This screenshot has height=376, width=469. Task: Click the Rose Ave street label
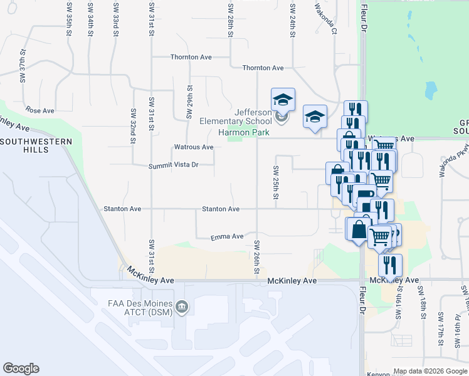[41, 110]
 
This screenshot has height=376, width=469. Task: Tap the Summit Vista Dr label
[173, 165]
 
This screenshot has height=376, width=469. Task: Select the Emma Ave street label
[227, 236]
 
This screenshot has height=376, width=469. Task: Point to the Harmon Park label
[243, 132]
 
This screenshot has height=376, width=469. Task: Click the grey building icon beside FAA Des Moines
[182, 306]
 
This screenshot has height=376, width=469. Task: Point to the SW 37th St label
[23, 66]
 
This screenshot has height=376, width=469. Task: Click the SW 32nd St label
[134, 125]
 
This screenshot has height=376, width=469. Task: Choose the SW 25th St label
[275, 183]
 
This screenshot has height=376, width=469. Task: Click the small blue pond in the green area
[431, 91]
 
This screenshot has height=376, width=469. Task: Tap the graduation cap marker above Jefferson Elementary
[283, 99]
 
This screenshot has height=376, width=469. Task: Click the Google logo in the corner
[21, 368]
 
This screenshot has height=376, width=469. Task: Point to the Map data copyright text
[430, 371]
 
